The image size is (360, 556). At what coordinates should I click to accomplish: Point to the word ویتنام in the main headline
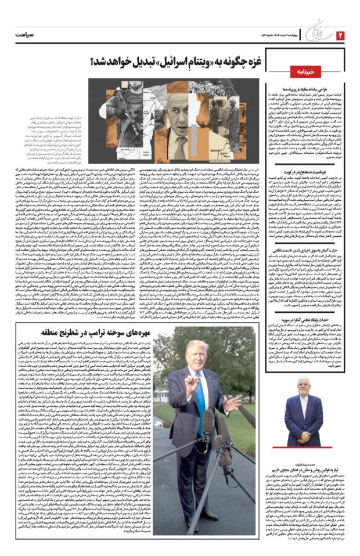[x=168, y=62]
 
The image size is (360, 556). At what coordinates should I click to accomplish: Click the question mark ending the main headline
[x=94, y=62]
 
